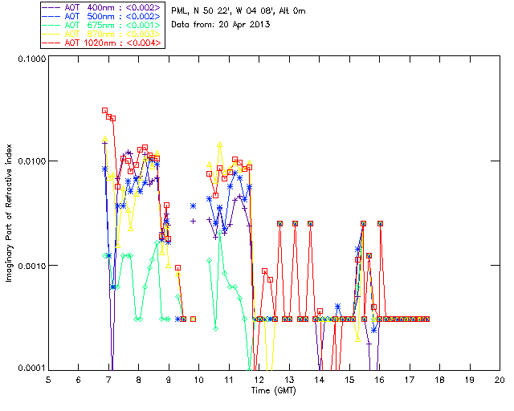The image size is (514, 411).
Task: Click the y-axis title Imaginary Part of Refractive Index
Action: (x=13, y=213)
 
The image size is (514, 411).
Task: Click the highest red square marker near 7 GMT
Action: (x=105, y=111)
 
